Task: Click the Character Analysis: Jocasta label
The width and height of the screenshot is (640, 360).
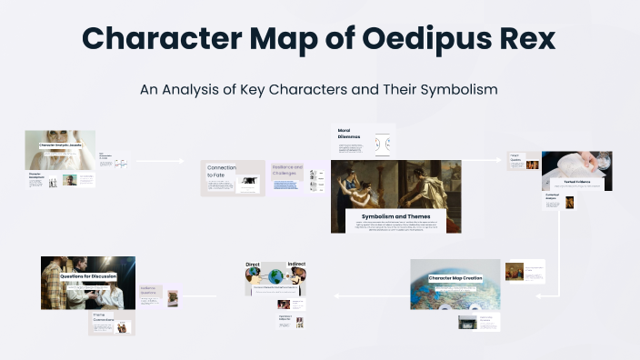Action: pyautogui.click(x=60, y=145)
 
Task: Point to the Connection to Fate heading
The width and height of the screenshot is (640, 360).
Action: pyautogui.click(x=221, y=171)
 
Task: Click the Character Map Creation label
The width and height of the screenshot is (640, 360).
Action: pyautogui.click(x=455, y=278)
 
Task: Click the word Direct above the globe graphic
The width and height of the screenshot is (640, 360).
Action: pyautogui.click(x=253, y=265)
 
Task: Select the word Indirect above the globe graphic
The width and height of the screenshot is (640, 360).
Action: pyautogui.click(x=296, y=265)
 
